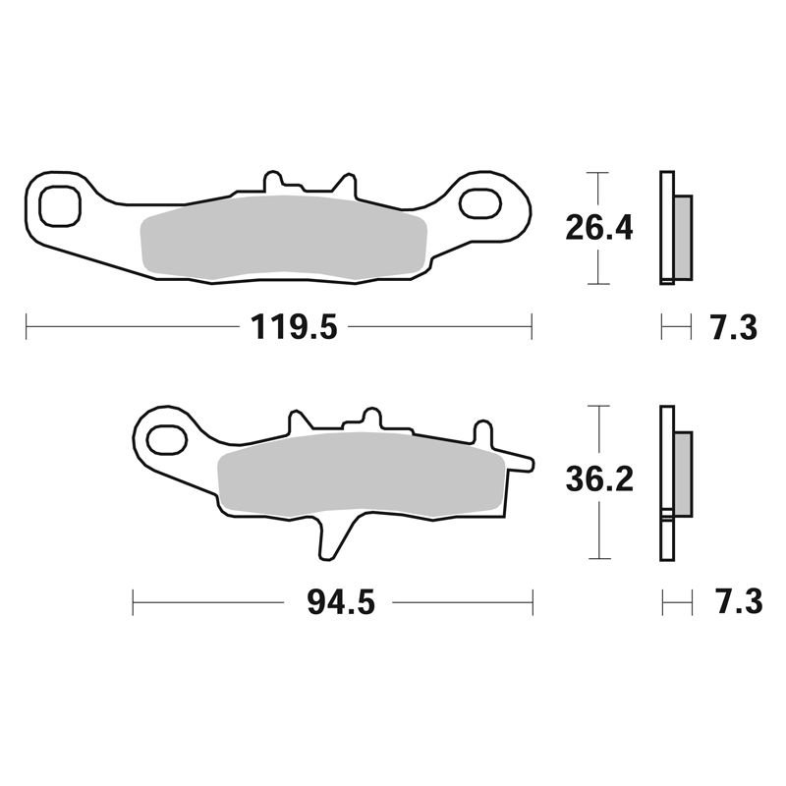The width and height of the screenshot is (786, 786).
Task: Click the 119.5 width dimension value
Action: click(x=294, y=327)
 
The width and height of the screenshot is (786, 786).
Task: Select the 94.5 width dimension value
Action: click(x=341, y=602)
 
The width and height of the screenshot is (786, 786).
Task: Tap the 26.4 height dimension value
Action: click(x=599, y=228)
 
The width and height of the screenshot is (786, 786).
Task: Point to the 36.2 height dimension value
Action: click(x=599, y=479)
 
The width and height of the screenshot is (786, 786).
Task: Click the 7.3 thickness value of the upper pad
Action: click(x=734, y=327)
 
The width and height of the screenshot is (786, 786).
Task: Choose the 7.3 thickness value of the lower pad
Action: click(x=740, y=602)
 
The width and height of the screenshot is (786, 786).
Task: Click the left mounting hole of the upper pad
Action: click(x=60, y=206)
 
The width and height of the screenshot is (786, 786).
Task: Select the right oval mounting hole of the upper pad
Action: click(x=480, y=203)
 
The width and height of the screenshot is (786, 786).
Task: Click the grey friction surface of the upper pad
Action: click(x=284, y=237)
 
